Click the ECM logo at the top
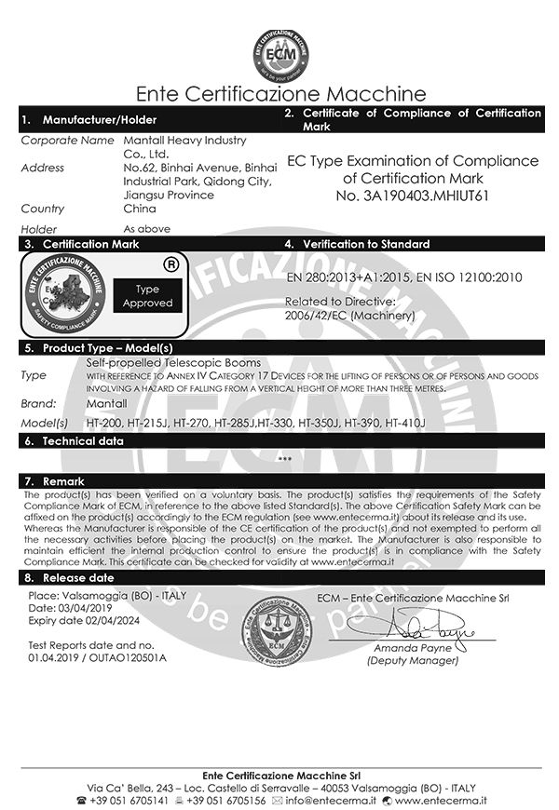pyautogui.click(x=279, y=53)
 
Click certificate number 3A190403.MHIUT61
pyautogui.click(x=410, y=196)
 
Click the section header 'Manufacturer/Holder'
pyautogui.click(x=100, y=119)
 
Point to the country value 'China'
pyautogui.click(x=141, y=209)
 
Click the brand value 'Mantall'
pyautogui.click(x=106, y=404)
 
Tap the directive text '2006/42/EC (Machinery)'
pyautogui.click(x=348, y=316)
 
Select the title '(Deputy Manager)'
pyautogui.click(x=413, y=660)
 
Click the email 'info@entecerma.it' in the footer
pyautogui.click(x=336, y=800)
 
